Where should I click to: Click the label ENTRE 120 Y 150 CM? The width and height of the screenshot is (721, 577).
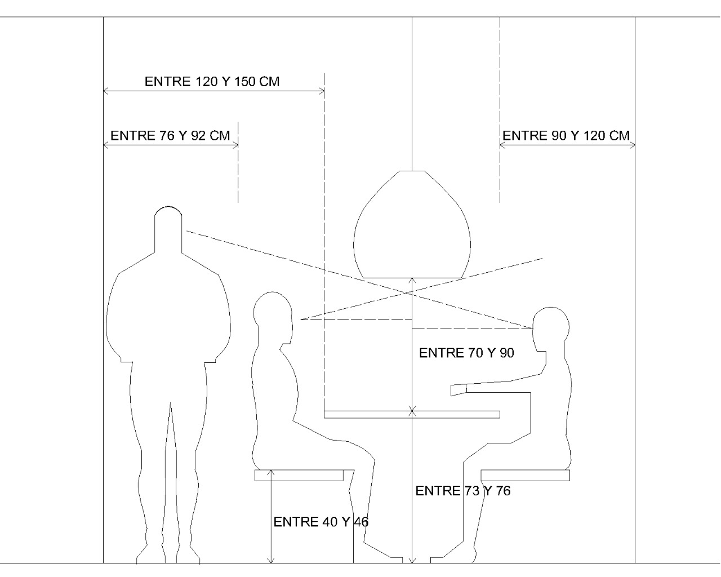coord(212,81)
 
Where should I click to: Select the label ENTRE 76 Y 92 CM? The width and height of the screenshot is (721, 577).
coord(170,136)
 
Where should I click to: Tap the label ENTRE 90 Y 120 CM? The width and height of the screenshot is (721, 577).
coord(566,136)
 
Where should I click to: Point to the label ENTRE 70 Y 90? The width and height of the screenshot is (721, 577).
coord(466,353)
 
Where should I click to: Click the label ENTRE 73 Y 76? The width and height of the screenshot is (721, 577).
coord(463,491)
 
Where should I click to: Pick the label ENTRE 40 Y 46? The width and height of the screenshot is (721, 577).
coord(321,522)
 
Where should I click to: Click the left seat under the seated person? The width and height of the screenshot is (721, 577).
coord(299,475)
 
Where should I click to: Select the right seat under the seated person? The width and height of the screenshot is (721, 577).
coord(525,475)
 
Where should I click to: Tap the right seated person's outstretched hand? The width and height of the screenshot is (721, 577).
coord(459,390)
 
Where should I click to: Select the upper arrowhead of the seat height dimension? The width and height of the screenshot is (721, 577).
coord(272,472)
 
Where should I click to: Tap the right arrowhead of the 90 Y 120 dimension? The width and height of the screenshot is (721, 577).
coord(631,145)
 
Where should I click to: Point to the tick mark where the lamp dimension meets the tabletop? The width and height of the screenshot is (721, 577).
coord(412,411)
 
